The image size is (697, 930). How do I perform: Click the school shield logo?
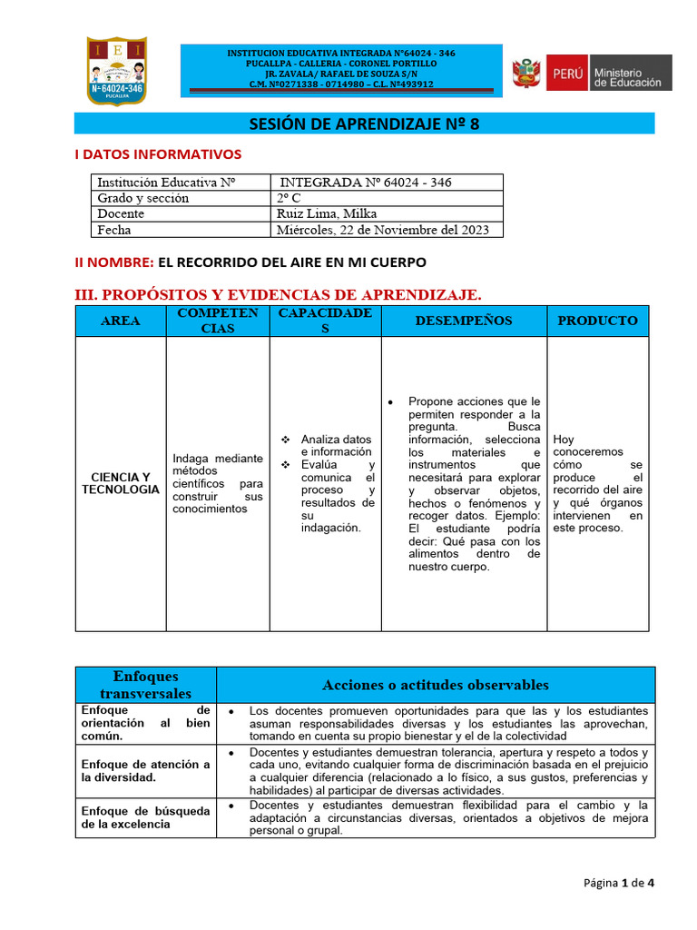pos(116,70)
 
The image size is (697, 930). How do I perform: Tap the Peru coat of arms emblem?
pos(525,73)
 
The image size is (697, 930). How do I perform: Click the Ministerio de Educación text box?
pos(630,73)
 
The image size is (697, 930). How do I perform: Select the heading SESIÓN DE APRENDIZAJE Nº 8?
pos(363,124)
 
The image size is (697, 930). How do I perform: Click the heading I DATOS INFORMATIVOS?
pos(157,154)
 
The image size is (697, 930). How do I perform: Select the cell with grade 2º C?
pos(289,198)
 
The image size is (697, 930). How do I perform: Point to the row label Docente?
pos(121,213)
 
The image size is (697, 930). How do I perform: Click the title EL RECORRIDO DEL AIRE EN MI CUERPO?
pos(292,262)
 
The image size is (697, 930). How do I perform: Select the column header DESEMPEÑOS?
pos(463,321)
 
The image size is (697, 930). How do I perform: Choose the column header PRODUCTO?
pos(597,321)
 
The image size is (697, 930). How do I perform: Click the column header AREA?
pos(120,321)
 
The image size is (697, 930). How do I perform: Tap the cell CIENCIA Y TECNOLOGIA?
pos(120,483)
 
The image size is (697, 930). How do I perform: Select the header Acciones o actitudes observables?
pos(435,685)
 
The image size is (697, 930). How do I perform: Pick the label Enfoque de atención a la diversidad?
pos(145,771)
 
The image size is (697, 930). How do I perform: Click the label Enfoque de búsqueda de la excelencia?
pos(145,816)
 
